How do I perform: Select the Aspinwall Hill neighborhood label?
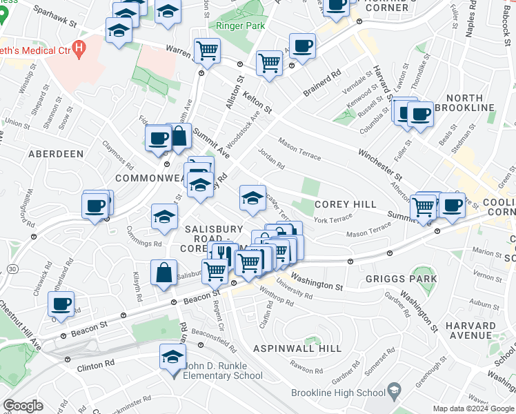click(x=297, y=348)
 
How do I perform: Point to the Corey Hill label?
click(x=345, y=204)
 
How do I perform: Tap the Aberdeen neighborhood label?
click(x=56, y=154)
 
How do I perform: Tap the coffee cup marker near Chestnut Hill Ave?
click(x=61, y=303)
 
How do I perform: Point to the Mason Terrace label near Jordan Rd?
click(x=299, y=149)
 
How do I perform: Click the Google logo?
click(x=23, y=406)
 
